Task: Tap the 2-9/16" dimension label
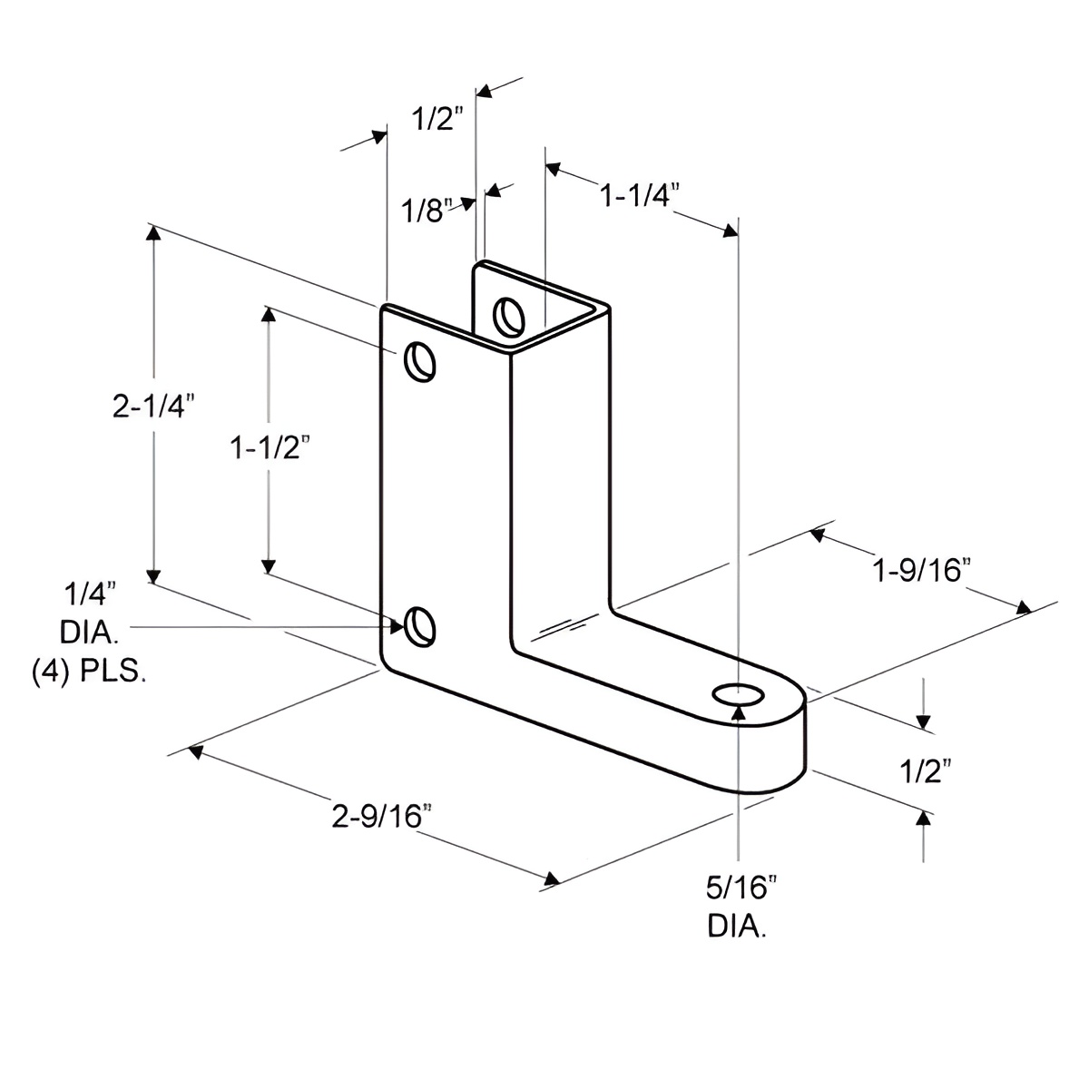380,817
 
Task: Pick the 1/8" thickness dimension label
426,211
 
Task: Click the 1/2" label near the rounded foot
926,771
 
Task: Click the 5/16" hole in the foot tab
741,695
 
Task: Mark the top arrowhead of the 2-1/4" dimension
154,233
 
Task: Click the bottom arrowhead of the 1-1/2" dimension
268,566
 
